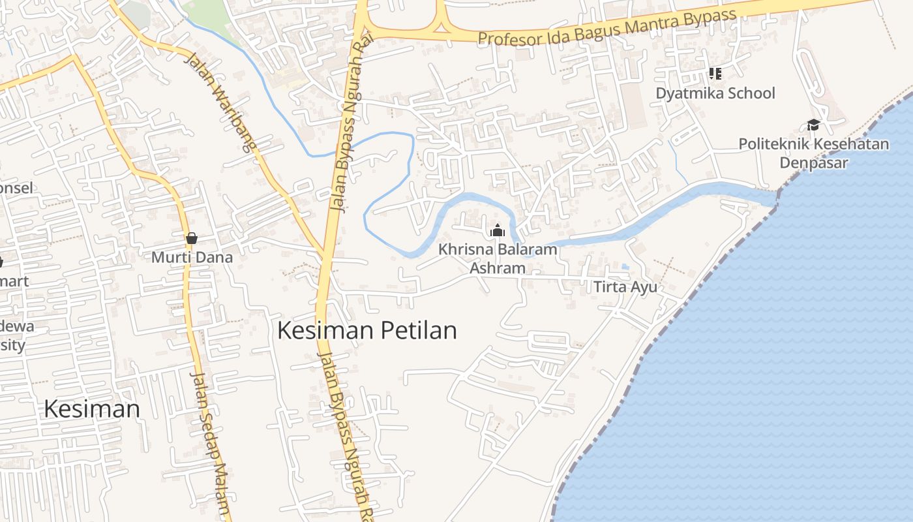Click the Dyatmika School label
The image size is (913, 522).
tap(715, 93)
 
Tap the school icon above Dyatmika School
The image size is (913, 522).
tap(715, 74)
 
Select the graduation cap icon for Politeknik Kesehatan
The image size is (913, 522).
tap(813, 125)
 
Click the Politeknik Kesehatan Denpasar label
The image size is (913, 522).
tap(813, 153)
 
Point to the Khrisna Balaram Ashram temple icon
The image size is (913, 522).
tap(498, 230)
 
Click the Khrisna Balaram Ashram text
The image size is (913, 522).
tap(498, 258)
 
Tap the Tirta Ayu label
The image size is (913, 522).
tap(625, 287)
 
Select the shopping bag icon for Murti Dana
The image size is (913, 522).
tap(191, 238)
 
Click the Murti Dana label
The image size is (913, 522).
tap(192, 257)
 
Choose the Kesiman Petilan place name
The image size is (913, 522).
tap(367, 330)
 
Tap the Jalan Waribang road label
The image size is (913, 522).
tap(219, 102)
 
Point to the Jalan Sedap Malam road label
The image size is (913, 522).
tap(211, 444)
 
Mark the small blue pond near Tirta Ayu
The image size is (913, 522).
tap(625, 267)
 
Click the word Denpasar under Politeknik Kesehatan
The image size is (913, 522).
tap(813, 162)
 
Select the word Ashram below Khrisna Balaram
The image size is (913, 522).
tap(498, 268)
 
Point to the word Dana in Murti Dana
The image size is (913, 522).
tap(214, 257)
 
